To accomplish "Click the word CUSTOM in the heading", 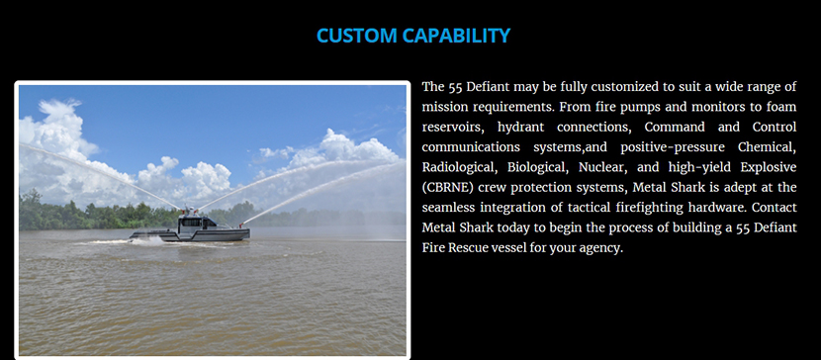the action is point(356,36).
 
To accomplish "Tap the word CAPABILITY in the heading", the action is point(457,36).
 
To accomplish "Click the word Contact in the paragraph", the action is point(774,208).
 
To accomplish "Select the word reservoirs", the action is point(453,128).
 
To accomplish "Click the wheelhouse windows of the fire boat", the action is point(192,222).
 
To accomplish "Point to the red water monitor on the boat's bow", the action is point(241,225).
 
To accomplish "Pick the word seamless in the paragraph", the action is point(449,208).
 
